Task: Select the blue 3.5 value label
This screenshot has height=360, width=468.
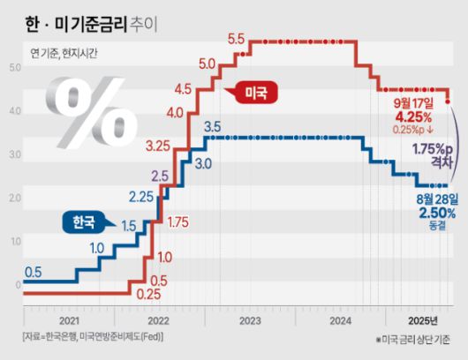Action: (212, 127)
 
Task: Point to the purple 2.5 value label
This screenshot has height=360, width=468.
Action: (160, 176)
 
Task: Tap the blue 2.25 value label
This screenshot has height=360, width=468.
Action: (142, 196)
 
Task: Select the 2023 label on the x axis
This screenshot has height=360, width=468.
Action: (251, 320)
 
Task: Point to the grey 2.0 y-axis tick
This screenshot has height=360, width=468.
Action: (14, 198)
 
